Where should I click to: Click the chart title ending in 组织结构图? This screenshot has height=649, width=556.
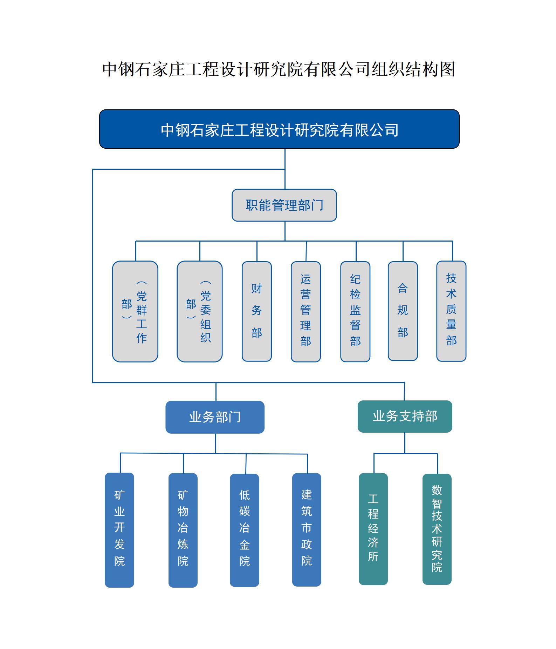(x=279, y=69)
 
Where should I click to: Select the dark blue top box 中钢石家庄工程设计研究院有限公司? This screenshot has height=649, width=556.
(x=279, y=129)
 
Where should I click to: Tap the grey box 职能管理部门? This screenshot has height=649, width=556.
(x=284, y=205)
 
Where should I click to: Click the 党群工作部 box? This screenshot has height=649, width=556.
(x=135, y=311)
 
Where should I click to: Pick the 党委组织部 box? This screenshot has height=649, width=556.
(x=199, y=311)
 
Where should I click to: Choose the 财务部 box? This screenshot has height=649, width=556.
(x=256, y=311)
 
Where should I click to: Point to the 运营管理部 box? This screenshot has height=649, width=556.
(x=306, y=311)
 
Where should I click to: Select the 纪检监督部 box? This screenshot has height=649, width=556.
(x=355, y=311)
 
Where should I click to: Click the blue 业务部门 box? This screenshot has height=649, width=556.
(x=215, y=417)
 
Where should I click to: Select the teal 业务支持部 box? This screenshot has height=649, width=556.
(x=405, y=417)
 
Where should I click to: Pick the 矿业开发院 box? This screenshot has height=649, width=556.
(x=119, y=529)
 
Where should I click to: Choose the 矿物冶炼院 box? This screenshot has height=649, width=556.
(x=183, y=529)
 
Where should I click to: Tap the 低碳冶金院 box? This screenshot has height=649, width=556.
(x=244, y=529)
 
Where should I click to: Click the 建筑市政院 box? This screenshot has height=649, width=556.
(x=307, y=529)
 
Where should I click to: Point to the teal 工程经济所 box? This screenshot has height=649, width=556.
(x=373, y=529)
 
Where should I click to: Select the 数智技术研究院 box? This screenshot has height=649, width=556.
(x=437, y=529)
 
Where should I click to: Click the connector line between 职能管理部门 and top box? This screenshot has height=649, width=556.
(x=285, y=179)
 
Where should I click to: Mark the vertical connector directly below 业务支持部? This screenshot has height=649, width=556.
(x=405, y=442)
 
